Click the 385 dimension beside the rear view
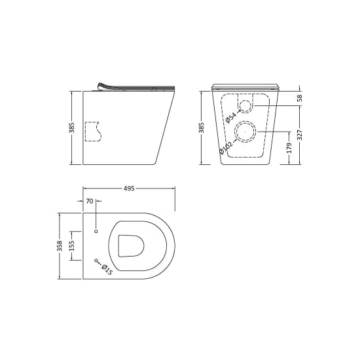pos(202,127)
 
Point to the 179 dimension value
pos(288,149)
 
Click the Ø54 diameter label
pos(232,115)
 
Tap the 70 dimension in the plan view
pos(89,201)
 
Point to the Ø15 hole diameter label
pos(107,269)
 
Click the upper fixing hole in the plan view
pos(96,231)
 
